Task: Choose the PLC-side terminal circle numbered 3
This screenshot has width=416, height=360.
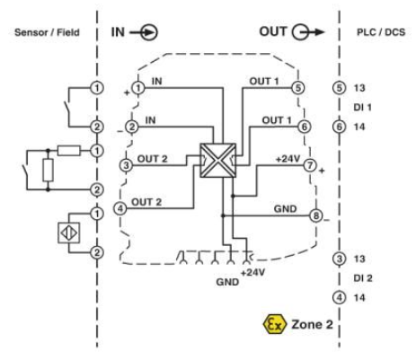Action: [x=338, y=259]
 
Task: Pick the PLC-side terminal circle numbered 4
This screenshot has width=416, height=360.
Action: [x=338, y=297]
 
